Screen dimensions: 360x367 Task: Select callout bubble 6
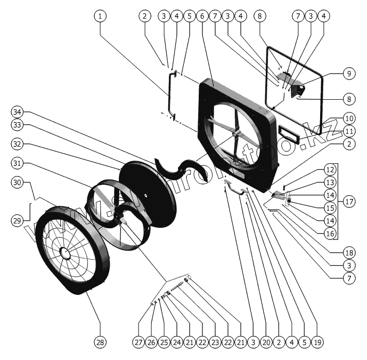coord(202,16)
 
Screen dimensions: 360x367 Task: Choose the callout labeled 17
coord(349,202)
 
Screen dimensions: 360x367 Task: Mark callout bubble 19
coord(319,341)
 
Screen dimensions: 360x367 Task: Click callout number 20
coord(266,341)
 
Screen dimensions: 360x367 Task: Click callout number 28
coord(100,341)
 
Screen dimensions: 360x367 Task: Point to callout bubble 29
coord(18,220)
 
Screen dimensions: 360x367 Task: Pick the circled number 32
coord(18,144)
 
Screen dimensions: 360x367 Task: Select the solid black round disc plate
coord(148,194)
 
